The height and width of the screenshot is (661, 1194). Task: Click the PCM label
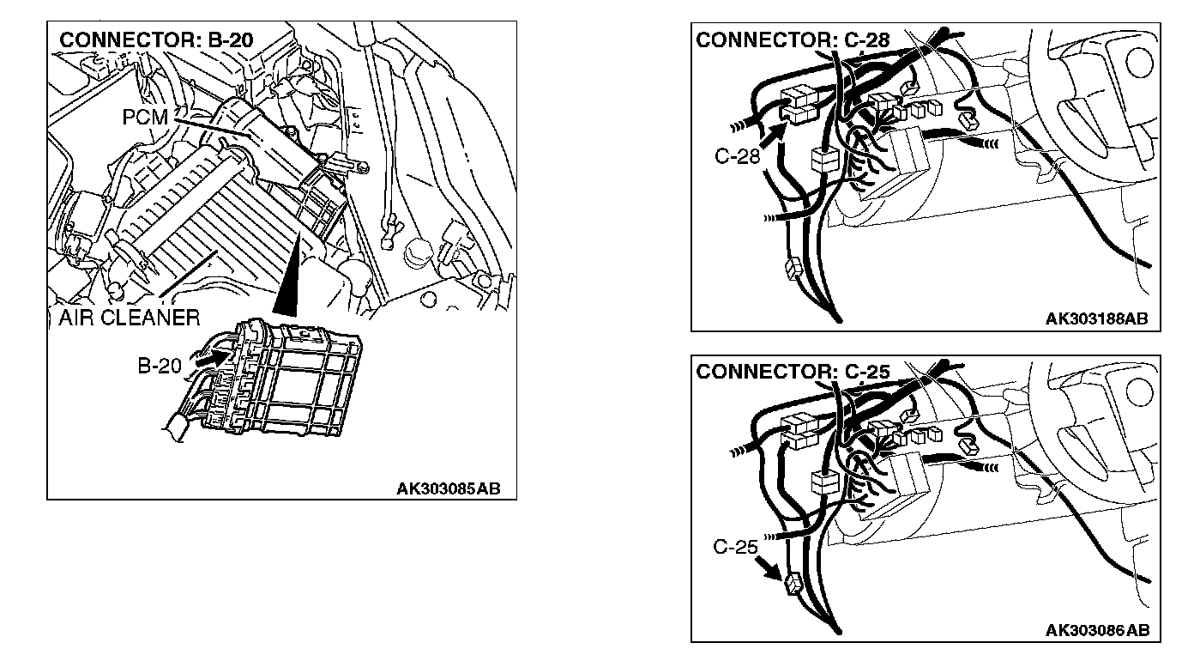coord(145,117)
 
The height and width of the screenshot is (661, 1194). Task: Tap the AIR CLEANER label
coord(130,318)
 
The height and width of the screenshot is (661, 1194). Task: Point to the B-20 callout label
coord(160,366)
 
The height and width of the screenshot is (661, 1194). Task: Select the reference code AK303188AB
coord(1096,319)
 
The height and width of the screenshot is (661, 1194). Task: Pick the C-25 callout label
coord(735,546)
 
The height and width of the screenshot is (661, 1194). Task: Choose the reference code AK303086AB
coord(1096,630)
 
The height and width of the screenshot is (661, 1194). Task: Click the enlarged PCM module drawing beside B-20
coord(292,378)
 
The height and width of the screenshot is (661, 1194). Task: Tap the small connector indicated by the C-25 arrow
coord(792,583)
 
